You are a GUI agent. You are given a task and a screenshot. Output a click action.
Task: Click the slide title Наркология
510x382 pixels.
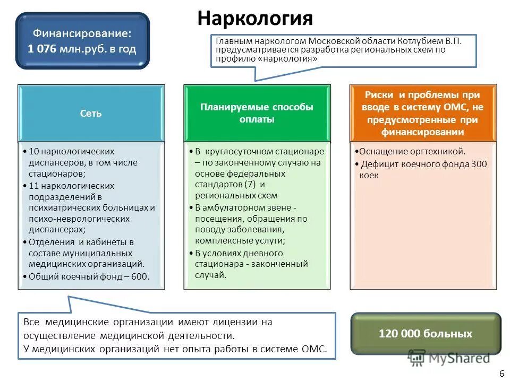[255, 18]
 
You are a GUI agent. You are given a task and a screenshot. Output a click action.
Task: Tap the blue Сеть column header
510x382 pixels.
[91, 113]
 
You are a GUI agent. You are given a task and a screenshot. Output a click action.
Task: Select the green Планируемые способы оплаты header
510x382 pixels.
[257, 113]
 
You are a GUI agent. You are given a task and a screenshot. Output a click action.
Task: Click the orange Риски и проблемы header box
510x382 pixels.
[422, 113]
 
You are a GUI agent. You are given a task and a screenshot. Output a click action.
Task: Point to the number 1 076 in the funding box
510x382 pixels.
[44, 49]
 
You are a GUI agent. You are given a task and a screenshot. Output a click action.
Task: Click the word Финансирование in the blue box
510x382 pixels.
[82, 33]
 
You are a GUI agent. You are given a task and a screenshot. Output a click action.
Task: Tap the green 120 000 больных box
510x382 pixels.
[425, 334]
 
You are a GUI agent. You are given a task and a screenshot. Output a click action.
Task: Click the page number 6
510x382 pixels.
[501, 374]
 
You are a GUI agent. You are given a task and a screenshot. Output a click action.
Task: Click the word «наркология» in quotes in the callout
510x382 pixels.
[289, 59]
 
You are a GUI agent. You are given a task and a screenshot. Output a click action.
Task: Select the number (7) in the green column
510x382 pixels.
[251, 184]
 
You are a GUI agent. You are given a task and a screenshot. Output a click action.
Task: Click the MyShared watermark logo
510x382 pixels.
[449, 358]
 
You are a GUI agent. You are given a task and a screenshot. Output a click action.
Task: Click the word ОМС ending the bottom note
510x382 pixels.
[318, 349]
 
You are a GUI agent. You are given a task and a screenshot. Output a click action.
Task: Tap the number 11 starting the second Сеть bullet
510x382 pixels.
[33, 186]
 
